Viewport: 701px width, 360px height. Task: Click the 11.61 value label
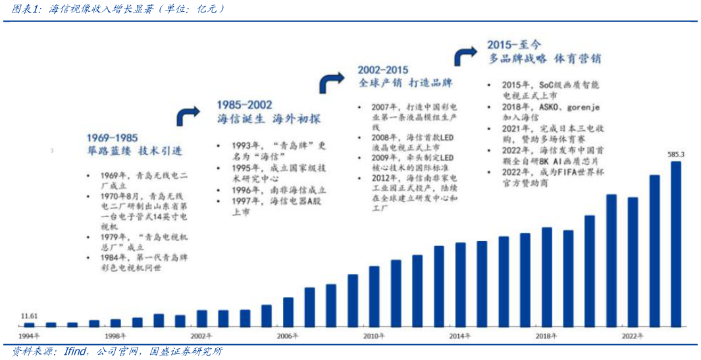(x=29, y=317)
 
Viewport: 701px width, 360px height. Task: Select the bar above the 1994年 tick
(x=29, y=324)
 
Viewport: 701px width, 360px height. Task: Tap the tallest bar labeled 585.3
(x=676, y=244)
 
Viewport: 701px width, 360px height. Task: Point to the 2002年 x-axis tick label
(x=201, y=336)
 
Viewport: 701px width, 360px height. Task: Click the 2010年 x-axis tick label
(x=374, y=336)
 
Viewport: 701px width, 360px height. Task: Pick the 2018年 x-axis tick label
(x=546, y=336)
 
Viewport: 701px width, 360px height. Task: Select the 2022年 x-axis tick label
(x=633, y=336)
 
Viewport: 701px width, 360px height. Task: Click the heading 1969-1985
(x=112, y=138)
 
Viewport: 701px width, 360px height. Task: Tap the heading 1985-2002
(x=244, y=105)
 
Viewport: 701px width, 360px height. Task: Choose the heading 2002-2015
(x=383, y=70)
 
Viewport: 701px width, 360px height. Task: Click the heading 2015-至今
(x=514, y=45)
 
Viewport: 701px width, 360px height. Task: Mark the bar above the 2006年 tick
(x=288, y=312)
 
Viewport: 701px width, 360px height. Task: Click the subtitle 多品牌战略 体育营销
(x=544, y=59)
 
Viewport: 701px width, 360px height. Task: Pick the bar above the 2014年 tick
(x=460, y=284)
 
